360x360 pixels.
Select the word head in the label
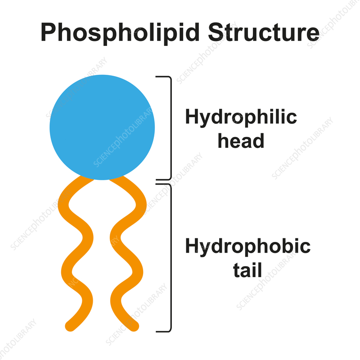(x=241, y=141)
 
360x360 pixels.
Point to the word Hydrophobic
(x=247, y=247)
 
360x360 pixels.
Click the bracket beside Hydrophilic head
(x=170, y=128)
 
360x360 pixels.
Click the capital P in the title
(x=48, y=32)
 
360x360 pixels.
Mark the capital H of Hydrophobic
(x=192, y=247)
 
